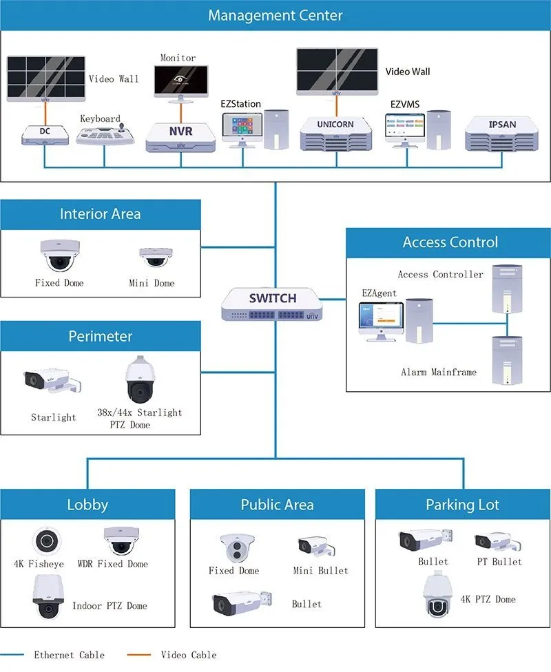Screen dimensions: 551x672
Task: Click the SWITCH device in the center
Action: click(x=272, y=304)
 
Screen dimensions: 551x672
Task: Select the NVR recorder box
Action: click(x=180, y=137)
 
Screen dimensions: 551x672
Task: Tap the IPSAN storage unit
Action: click(x=501, y=134)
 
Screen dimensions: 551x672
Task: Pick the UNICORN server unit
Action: click(x=336, y=134)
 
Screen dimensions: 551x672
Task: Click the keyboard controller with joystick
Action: click(x=105, y=134)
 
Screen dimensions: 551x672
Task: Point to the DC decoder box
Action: click(x=45, y=134)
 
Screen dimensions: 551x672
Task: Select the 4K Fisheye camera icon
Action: click(x=47, y=541)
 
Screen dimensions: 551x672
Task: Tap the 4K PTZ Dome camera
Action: click(x=438, y=596)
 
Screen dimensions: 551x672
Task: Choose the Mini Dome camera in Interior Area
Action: click(x=155, y=257)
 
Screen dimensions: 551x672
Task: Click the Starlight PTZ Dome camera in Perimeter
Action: click(x=140, y=379)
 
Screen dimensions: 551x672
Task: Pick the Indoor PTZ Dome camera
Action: click(x=48, y=596)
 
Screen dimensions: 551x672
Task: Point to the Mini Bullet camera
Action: click(x=316, y=546)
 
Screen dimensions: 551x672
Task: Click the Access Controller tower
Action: click(x=507, y=289)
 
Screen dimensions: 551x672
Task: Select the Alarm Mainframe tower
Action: click(x=507, y=360)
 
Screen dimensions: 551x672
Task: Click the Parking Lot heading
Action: click(x=462, y=505)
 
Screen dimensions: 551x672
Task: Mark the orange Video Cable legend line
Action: click(x=139, y=655)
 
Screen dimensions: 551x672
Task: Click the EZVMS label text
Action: click(x=405, y=104)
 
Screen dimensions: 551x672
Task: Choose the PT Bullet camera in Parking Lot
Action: click(x=498, y=542)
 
